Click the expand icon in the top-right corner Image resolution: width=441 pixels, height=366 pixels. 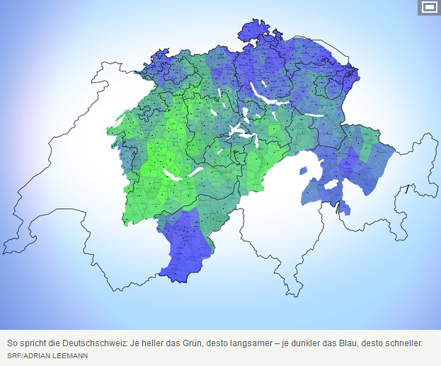click(x=428, y=8)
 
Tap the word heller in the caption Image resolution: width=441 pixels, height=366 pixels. click(x=150, y=343)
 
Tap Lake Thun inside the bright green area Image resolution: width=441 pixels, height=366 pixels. click(x=173, y=173)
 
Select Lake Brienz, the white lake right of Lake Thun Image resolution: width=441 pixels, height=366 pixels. click(x=196, y=171)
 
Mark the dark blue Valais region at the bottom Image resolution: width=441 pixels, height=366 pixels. click(x=182, y=244)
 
